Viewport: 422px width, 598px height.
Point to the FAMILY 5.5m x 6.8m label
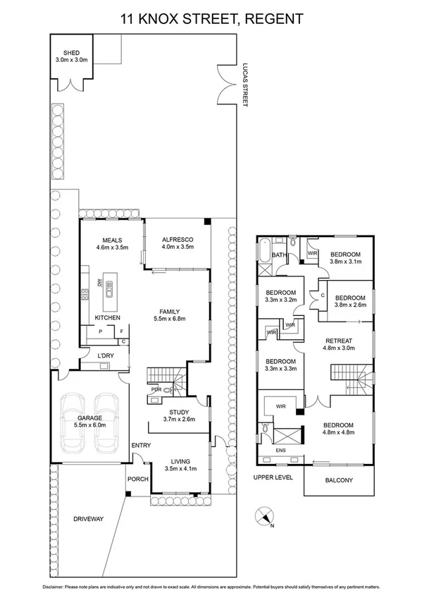[170, 315]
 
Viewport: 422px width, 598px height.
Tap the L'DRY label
[106, 355]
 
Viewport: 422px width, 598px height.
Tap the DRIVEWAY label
[89, 519]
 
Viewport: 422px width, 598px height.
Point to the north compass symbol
[266, 517]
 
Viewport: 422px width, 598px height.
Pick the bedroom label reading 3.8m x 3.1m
[346, 257]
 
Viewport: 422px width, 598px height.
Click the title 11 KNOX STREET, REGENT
[211, 18]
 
